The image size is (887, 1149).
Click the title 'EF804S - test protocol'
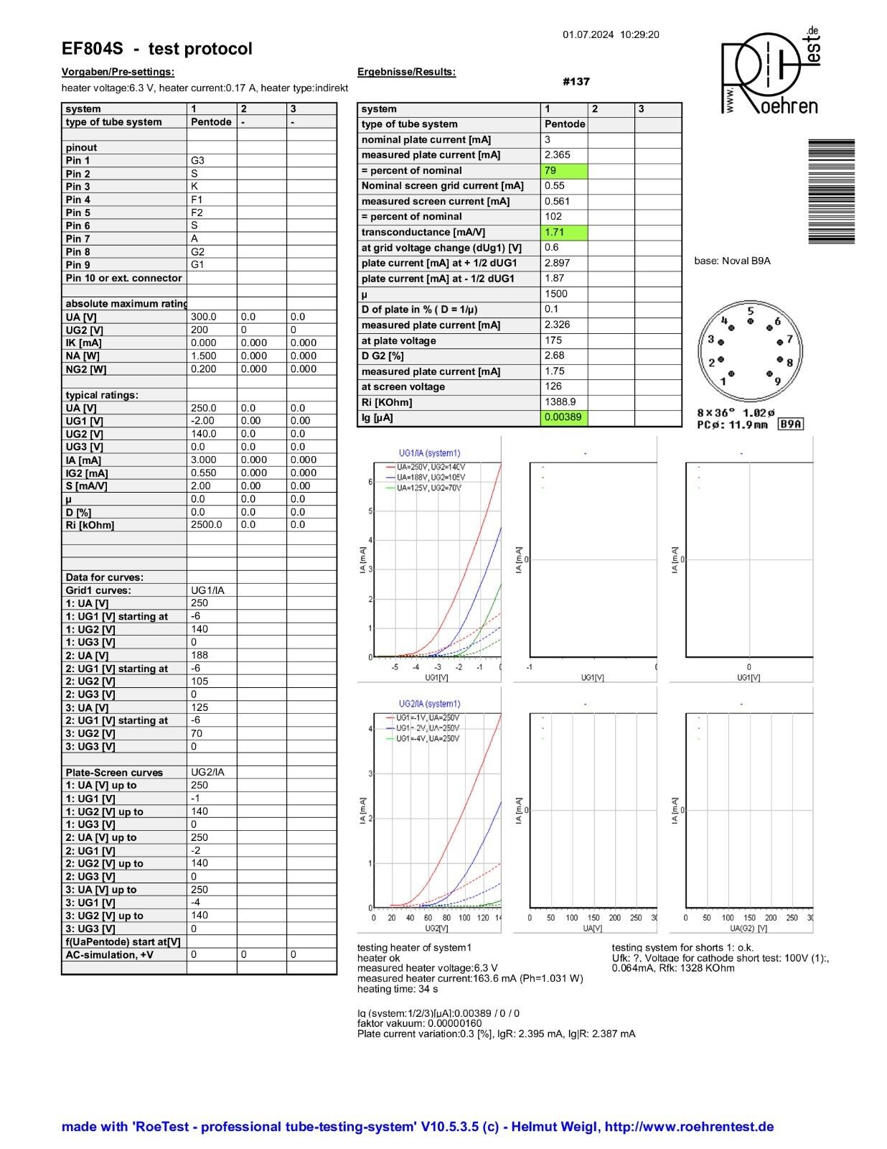(156, 49)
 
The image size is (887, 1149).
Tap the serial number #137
(576, 82)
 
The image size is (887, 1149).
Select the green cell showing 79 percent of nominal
(563, 171)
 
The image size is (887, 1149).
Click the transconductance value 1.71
(563, 233)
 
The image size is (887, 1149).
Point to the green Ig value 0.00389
(563, 417)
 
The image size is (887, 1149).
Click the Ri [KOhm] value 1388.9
(560, 402)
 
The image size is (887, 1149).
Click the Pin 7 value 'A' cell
(211, 238)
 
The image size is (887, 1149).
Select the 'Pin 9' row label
(78, 265)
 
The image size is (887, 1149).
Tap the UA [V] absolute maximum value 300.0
(204, 317)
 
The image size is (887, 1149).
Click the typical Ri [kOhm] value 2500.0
(207, 525)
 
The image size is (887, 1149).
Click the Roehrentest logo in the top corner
(769, 72)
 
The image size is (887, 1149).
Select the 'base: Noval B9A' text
(732, 261)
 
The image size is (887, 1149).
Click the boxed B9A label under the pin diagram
(791, 424)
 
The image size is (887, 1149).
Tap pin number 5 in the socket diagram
(751, 312)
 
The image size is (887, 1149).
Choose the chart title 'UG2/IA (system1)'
(429, 704)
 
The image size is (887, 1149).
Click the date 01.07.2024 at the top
(588, 34)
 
